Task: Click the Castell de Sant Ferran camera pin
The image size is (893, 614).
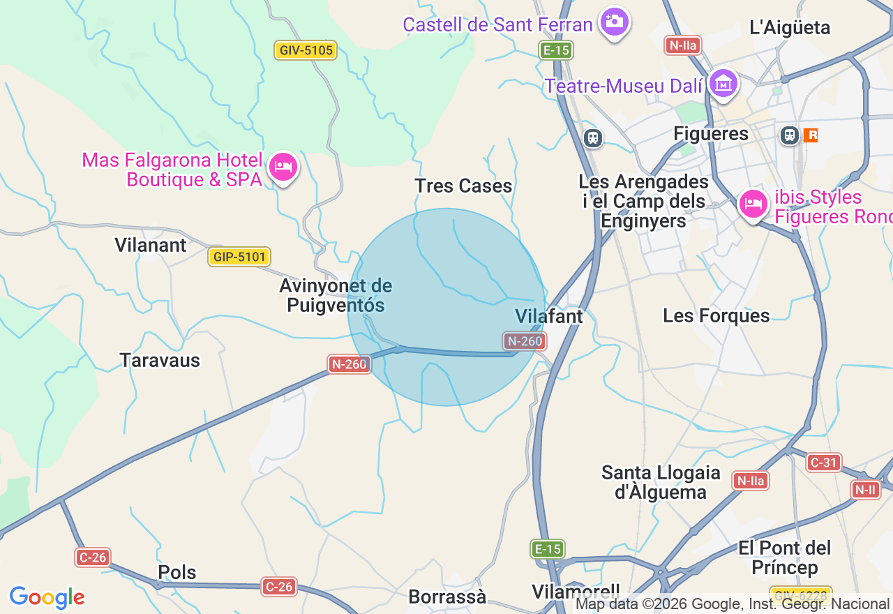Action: (x=614, y=22)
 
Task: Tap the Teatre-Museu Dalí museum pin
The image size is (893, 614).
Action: (x=723, y=84)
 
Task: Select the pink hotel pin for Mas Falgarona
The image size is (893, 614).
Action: (x=283, y=167)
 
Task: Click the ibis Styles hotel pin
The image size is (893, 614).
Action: (x=753, y=204)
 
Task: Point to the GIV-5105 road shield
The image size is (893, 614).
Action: (x=306, y=50)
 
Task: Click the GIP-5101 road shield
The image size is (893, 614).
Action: (x=239, y=257)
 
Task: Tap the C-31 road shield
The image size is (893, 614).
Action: (x=824, y=462)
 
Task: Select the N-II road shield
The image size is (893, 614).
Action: (x=865, y=490)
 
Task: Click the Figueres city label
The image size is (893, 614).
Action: (x=711, y=133)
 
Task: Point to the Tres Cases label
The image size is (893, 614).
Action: (x=463, y=186)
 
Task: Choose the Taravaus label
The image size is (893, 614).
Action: (x=160, y=360)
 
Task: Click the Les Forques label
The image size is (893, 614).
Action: (x=716, y=315)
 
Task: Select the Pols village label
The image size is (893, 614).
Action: (x=177, y=572)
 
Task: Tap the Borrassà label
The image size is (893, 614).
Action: (x=447, y=597)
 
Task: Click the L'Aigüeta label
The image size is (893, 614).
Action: (x=790, y=27)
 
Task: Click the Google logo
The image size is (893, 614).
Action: (x=47, y=597)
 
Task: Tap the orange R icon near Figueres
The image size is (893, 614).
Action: (x=811, y=135)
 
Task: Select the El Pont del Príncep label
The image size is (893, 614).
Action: (x=785, y=557)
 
